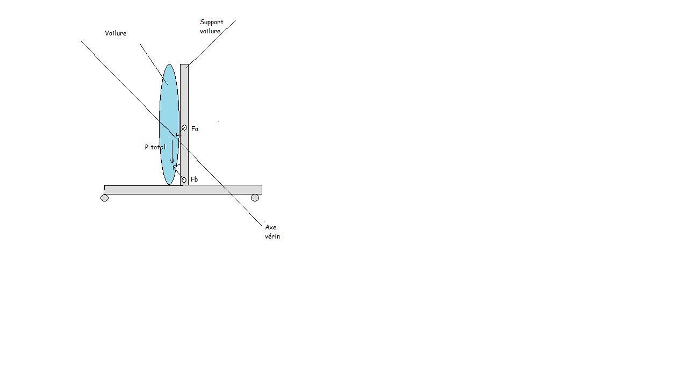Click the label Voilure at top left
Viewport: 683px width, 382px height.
click(x=116, y=33)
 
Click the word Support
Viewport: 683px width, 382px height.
click(x=212, y=22)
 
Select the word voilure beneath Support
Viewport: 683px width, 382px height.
click(x=210, y=31)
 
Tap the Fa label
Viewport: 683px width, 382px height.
click(x=195, y=129)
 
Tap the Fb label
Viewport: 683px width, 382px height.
click(x=194, y=179)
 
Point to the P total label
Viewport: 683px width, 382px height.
click(x=155, y=147)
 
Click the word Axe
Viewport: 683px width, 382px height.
click(x=271, y=227)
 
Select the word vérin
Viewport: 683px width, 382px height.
click(x=272, y=236)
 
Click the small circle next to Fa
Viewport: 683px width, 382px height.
click(x=184, y=128)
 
